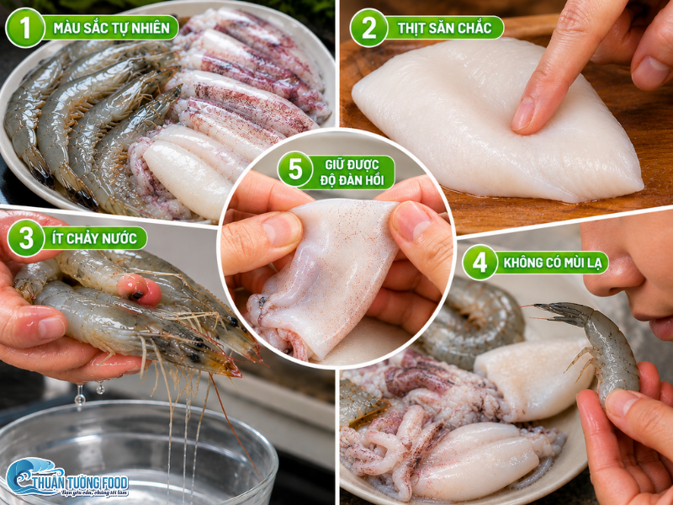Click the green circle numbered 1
[x=25, y=28]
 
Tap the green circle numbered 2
[x=369, y=28]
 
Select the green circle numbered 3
[x=26, y=238]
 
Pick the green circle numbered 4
[x=480, y=263]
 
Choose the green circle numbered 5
[x=295, y=169]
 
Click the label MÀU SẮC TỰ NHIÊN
[x=111, y=28]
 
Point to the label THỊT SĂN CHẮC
[x=445, y=28]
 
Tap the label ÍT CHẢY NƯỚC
[x=94, y=238]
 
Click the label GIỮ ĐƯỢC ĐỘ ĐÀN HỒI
[x=352, y=173]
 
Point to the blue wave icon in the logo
[x=26, y=475]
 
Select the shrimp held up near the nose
[x=601, y=343]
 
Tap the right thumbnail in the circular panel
[x=411, y=219]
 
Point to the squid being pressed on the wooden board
[x=494, y=120]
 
